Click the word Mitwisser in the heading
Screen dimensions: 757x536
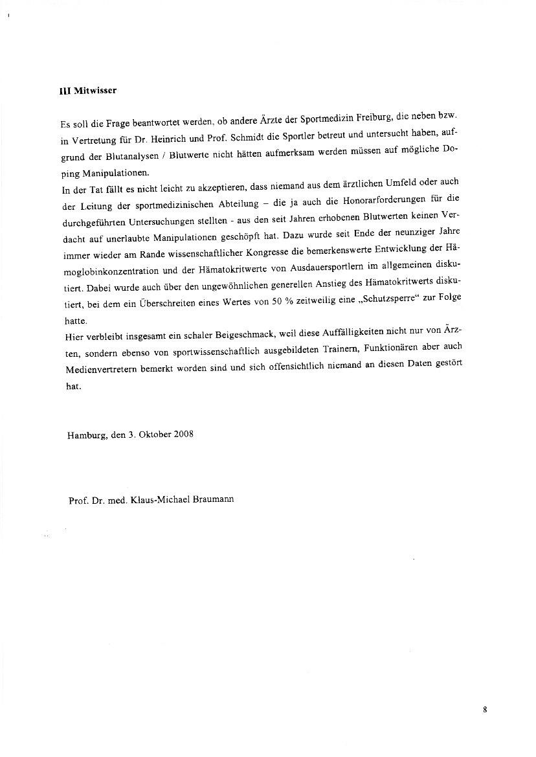95,91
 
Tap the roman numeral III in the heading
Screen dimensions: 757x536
63,91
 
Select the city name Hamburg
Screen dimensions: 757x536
87,435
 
